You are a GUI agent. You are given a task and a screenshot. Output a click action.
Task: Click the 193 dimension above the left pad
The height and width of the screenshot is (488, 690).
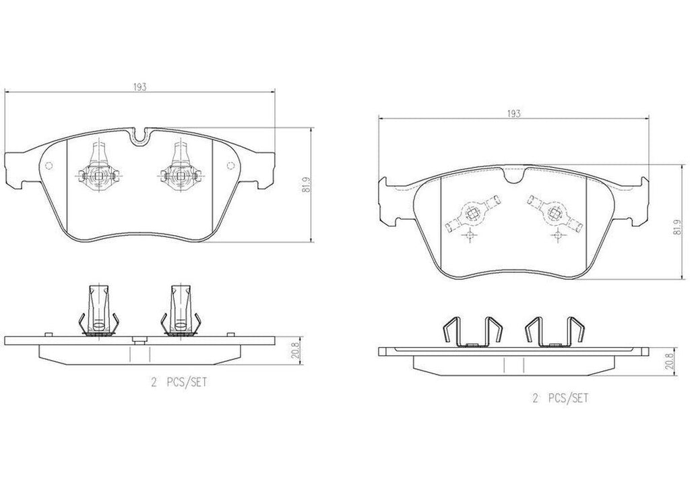tap(139, 86)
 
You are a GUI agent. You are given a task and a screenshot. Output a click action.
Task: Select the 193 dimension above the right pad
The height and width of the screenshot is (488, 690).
tap(513, 113)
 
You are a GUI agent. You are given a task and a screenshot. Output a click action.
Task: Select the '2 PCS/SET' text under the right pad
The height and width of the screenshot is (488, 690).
tap(560, 398)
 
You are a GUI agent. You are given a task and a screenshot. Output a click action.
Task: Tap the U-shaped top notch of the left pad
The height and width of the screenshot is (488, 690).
tap(140, 138)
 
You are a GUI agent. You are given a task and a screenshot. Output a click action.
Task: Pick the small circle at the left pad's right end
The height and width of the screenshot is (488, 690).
tap(232, 166)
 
